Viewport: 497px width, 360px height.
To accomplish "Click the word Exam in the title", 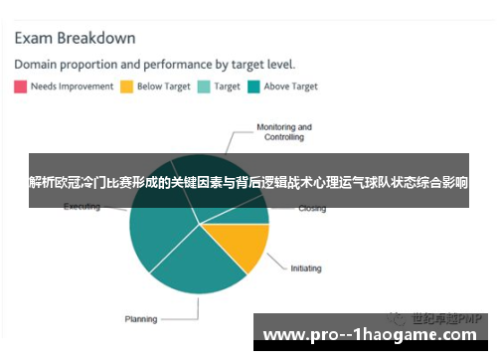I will pyautogui.click(x=35, y=39).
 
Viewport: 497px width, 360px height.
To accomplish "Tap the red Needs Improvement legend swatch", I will pyautogui.click(x=20, y=87).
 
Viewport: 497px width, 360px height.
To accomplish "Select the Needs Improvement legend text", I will pyautogui.click(x=71, y=87).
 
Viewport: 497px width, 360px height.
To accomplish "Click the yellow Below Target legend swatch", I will pyautogui.click(x=126, y=87).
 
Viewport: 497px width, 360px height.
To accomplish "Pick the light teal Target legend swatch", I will pyautogui.click(x=204, y=87).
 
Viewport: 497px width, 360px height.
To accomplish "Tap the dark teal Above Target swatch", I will pyautogui.click(x=253, y=87).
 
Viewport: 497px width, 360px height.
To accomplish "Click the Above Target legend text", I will pyautogui.click(x=290, y=87).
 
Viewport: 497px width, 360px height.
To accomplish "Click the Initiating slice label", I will pyautogui.click(x=305, y=268).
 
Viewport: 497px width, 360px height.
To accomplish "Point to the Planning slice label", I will pyautogui.click(x=140, y=319).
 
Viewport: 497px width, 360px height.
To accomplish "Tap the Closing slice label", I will pyautogui.click(x=312, y=209).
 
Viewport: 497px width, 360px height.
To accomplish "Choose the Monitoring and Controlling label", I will pyautogui.click(x=284, y=133).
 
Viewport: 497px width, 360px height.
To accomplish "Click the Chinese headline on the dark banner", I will pyautogui.click(x=248, y=183).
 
